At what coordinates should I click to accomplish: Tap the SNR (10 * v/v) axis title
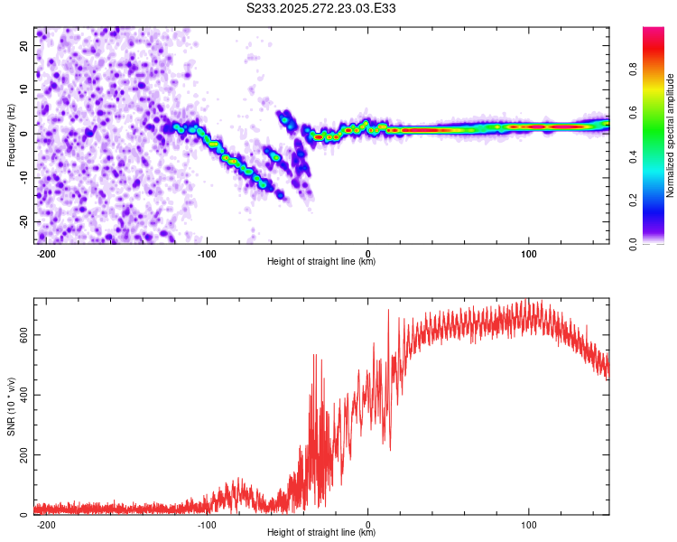click(x=11, y=406)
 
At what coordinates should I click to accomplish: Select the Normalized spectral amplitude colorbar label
click(x=670, y=135)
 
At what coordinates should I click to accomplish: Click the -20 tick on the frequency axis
click(x=23, y=221)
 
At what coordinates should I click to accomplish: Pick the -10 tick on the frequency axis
click(x=23, y=177)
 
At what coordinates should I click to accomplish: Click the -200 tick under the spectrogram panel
click(x=46, y=253)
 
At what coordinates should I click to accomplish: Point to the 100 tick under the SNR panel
click(x=528, y=524)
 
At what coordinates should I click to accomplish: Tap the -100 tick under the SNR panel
click(x=207, y=524)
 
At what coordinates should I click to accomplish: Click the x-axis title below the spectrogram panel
click(x=321, y=262)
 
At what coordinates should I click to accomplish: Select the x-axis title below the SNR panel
click(x=321, y=533)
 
